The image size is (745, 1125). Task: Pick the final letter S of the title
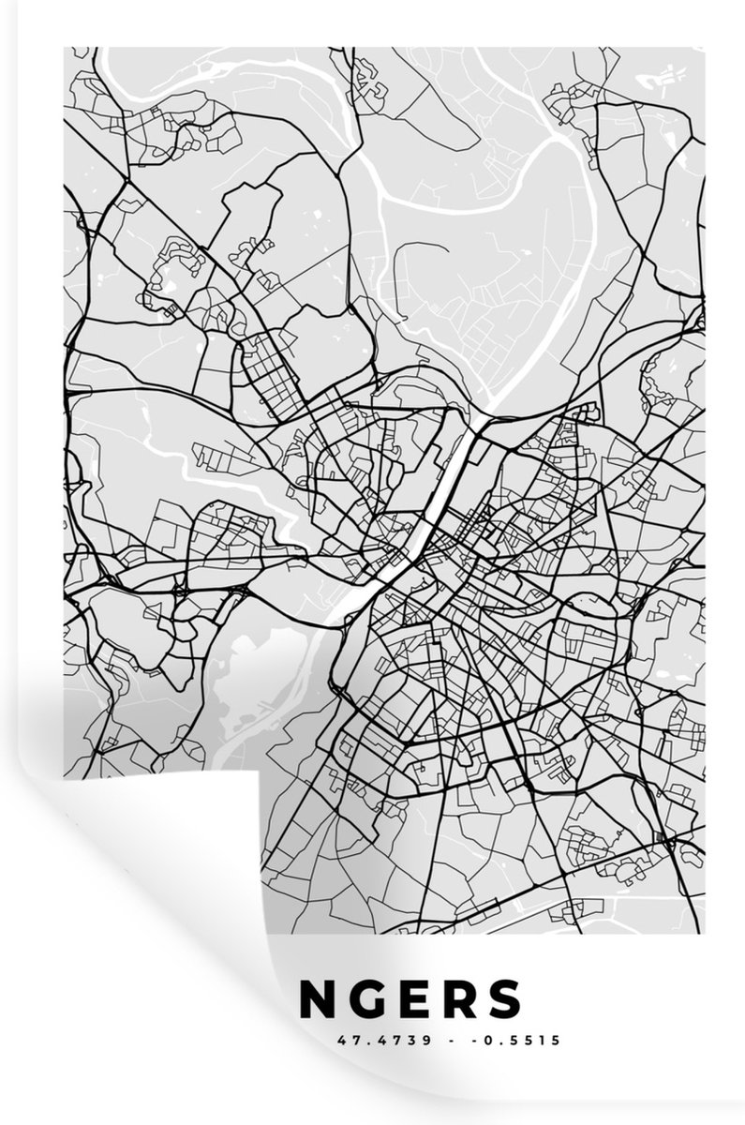507,998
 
